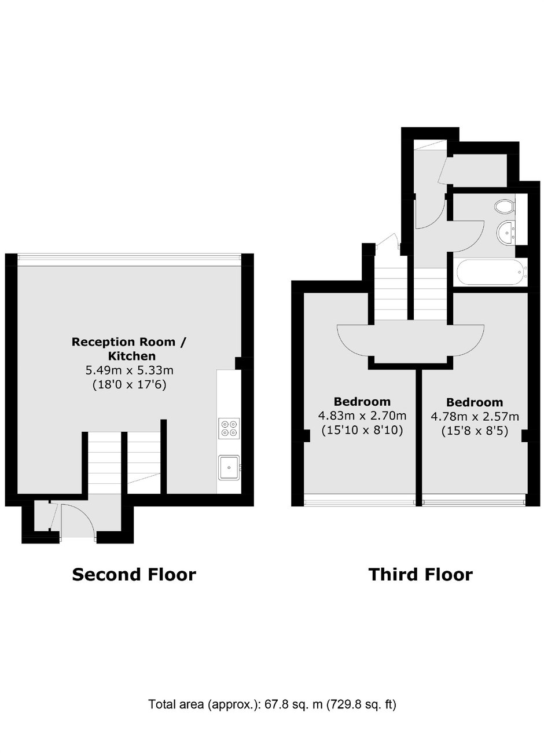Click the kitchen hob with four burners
[229, 428]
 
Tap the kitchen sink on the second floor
[229, 468]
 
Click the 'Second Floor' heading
[134, 575]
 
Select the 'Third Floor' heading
[420, 575]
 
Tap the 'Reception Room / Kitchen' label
[129, 349]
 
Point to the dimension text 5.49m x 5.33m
[130, 370]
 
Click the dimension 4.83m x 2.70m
[362, 416]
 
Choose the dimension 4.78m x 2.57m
[475, 417]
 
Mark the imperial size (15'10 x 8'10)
[362, 431]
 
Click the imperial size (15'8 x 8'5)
[475, 431]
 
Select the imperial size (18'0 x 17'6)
[130, 384]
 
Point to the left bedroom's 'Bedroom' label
[362, 402]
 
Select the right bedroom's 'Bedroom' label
[475, 402]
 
